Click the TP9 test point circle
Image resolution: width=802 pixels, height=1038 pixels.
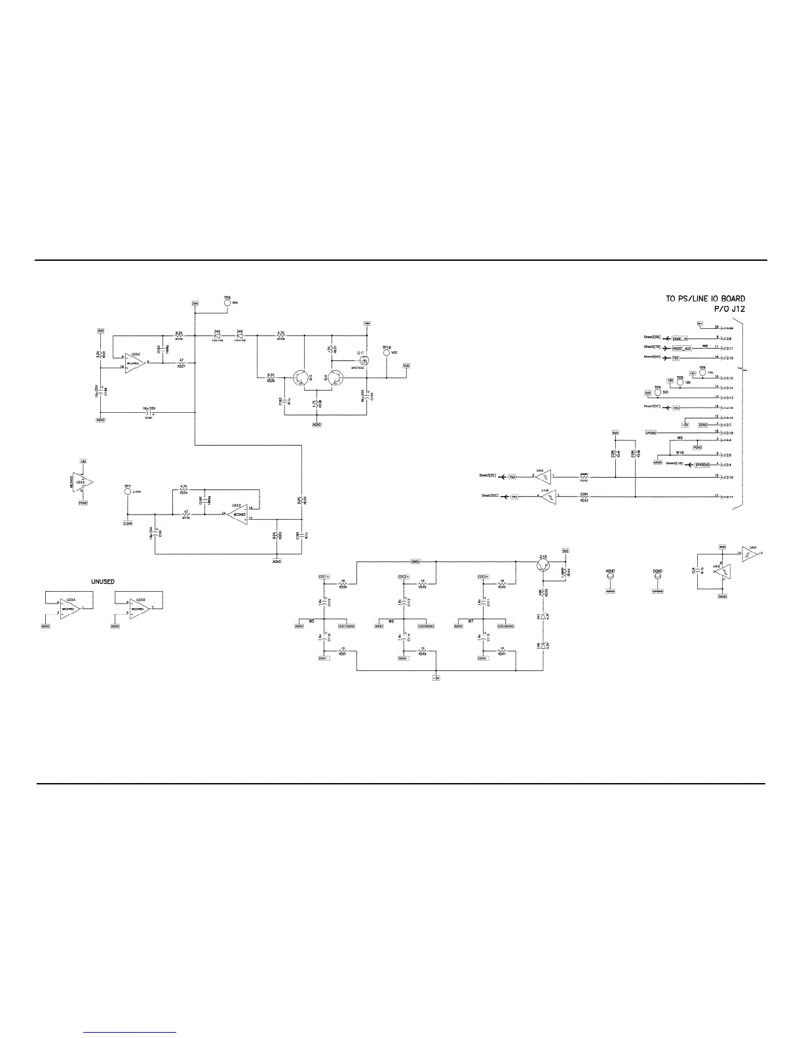point(227,303)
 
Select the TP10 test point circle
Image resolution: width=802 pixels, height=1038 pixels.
point(386,353)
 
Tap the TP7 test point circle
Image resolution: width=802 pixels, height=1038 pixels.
point(127,491)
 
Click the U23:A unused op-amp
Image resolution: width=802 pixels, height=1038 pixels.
point(70,609)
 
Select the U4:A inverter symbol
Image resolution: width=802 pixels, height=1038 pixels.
point(542,477)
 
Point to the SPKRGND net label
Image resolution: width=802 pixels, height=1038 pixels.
point(702,464)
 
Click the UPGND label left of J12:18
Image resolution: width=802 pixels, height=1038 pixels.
point(651,432)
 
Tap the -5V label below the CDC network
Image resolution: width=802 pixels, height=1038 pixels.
point(436,678)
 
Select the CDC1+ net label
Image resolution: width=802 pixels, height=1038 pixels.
point(324,577)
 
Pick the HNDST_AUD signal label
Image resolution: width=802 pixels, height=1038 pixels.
point(682,348)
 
